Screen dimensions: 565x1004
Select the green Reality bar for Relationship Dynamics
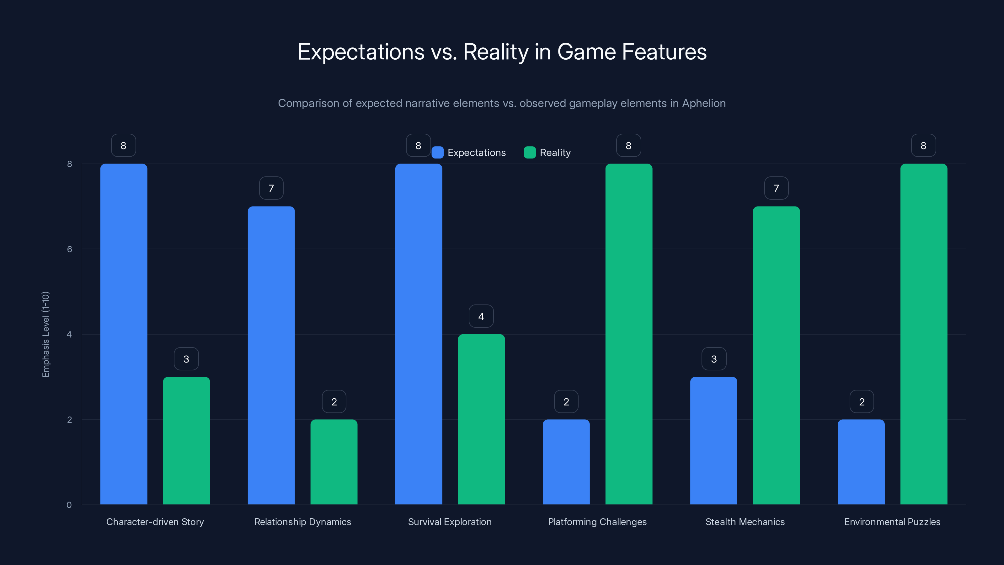click(x=334, y=462)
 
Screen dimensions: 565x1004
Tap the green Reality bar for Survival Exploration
click(x=481, y=419)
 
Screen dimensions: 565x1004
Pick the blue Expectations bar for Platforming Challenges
click(x=566, y=462)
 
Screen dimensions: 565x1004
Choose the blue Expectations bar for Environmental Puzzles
click(x=861, y=462)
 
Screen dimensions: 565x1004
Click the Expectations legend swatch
click(x=437, y=153)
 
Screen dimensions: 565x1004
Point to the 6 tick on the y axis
click(x=69, y=249)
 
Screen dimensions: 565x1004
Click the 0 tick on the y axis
click(x=69, y=505)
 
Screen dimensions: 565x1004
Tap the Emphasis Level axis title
click(x=45, y=334)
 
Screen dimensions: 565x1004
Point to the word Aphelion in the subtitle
click(x=703, y=103)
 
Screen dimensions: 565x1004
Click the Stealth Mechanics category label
click(x=745, y=522)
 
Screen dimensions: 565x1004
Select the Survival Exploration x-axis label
click(x=450, y=522)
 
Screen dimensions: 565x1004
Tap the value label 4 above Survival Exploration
click(x=481, y=316)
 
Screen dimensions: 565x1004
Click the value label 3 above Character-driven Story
click(x=186, y=359)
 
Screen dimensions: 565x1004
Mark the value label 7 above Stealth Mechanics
click(x=776, y=188)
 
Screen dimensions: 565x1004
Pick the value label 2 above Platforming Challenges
click(x=566, y=402)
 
